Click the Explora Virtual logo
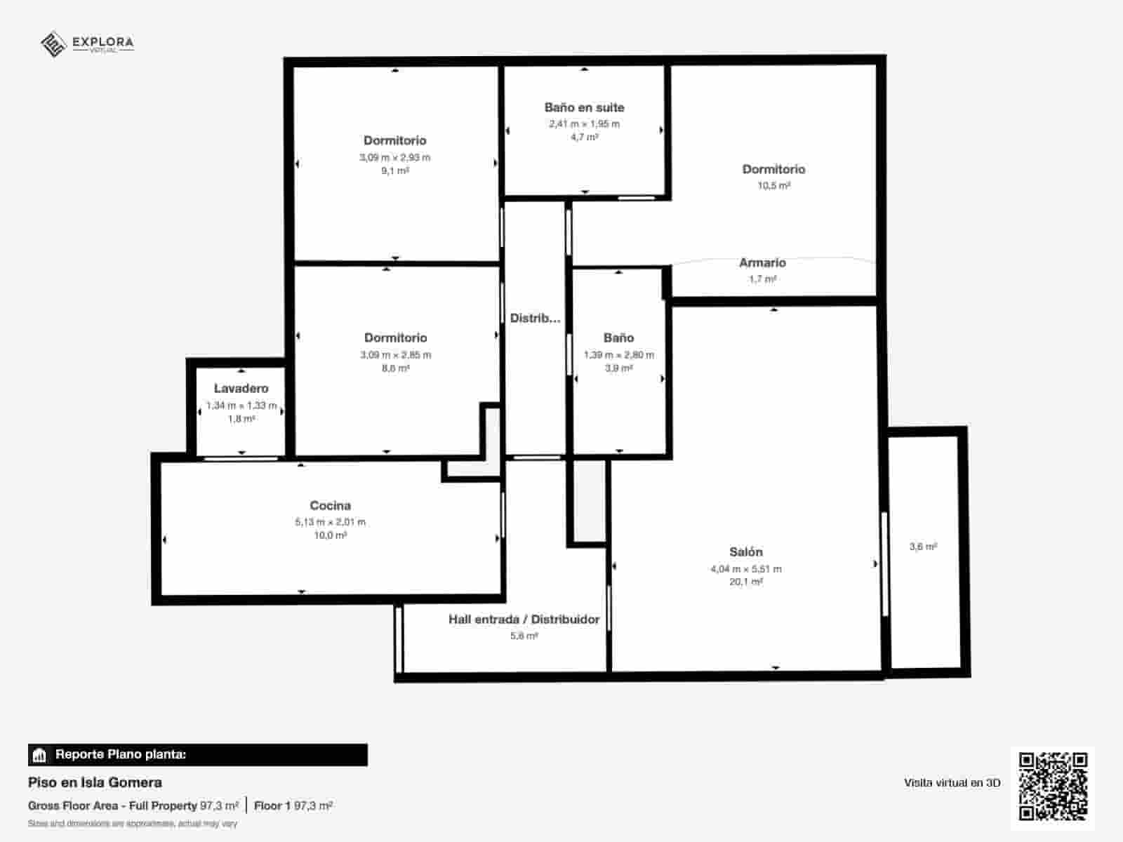click(x=87, y=44)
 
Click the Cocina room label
click(x=330, y=505)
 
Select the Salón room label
click(x=745, y=552)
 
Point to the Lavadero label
click(x=241, y=388)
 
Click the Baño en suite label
click(x=584, y=107)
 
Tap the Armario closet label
click(x=762, y=262)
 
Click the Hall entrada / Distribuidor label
click(x=524, y=619)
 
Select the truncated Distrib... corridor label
click(x=535, y=318)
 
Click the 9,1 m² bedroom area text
click(x=395, y=171)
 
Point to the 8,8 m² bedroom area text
click(x=395, y=368)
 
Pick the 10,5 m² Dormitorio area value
click(x=773, y=186)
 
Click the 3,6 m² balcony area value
click(x=923, y=547)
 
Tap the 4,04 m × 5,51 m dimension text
click(x=745, y=569)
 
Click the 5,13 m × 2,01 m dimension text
click(x=330, y=522)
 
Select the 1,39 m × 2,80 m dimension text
click(x=618, y=354)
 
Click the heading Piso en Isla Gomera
click(x=95, y=782)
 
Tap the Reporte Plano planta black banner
click(x=197, y=755)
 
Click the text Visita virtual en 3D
click(x=952, y=782)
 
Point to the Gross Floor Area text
click(x=112, y=806)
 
